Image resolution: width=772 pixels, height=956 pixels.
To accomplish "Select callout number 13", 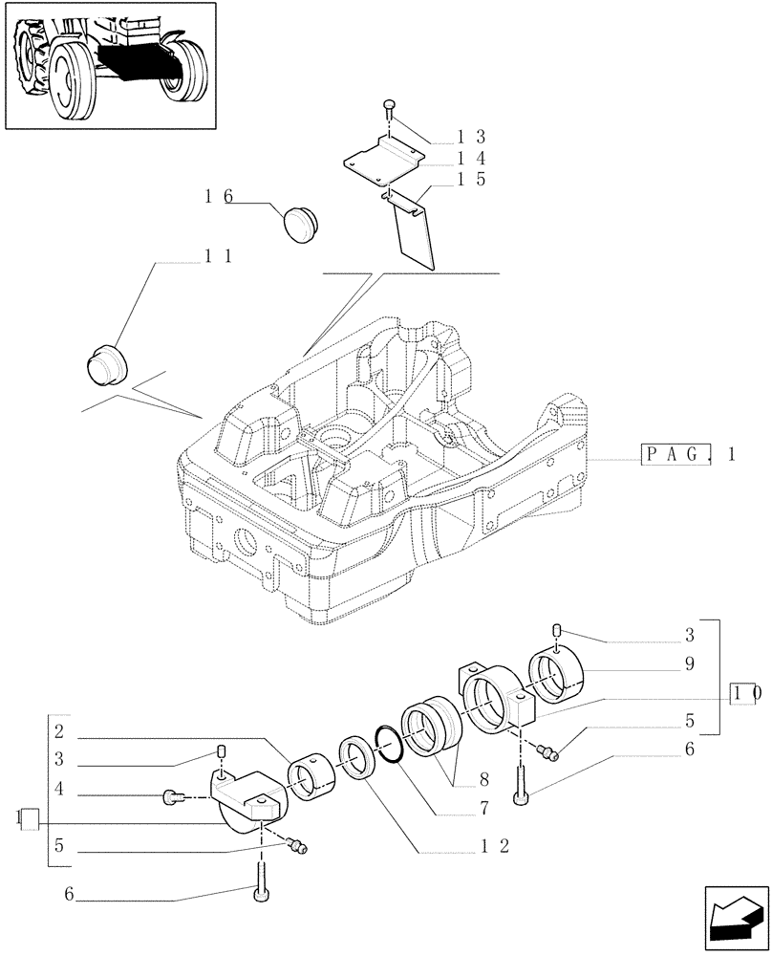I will tap(471, 137).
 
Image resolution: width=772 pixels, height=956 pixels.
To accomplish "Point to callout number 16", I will tap(218, 197).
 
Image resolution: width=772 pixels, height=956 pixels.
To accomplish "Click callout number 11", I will tap(218, 256).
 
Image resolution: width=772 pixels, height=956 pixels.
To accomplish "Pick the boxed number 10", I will tap(745, 694).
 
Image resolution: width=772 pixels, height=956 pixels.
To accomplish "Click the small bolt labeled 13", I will tap(389, 105).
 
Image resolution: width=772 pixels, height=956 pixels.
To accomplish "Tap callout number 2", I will tap(59, 734).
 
